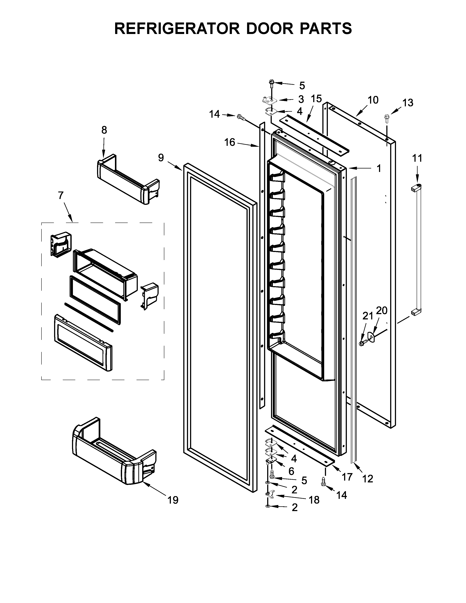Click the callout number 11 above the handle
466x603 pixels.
(x=417, y=158)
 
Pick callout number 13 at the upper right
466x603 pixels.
(x=408, y=103)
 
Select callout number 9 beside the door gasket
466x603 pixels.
(x=161, y=158)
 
